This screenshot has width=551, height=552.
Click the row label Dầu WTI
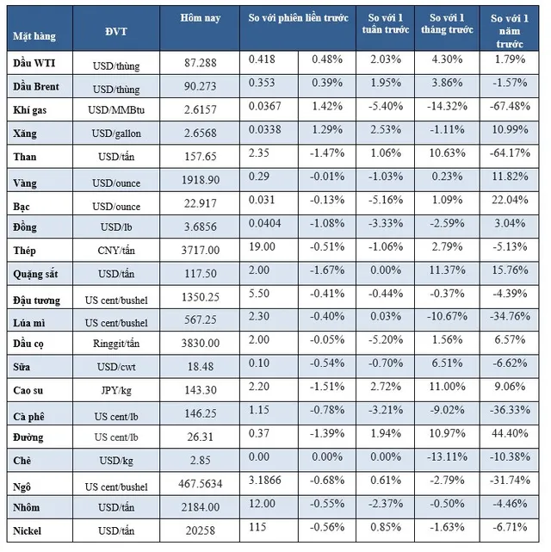34,64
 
